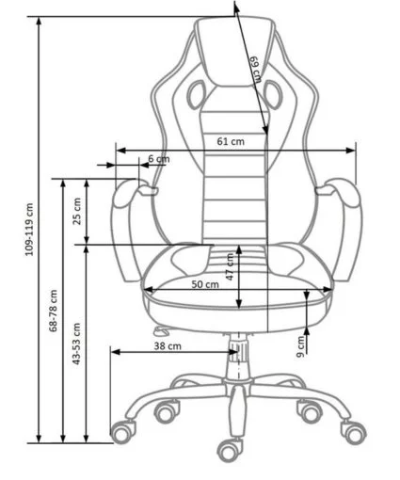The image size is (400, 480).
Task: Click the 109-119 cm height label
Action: point(29,230)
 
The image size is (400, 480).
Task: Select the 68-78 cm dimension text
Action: point(53,311)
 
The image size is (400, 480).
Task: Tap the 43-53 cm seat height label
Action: point(76,344)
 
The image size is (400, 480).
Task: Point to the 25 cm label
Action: point(77,211)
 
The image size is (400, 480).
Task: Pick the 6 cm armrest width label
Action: point(159,159)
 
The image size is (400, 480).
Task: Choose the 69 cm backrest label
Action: point(256,70)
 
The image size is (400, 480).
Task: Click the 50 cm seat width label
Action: point(205,284)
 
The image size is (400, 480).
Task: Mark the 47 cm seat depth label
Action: point(230,266)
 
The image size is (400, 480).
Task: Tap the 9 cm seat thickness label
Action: point(300,346)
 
